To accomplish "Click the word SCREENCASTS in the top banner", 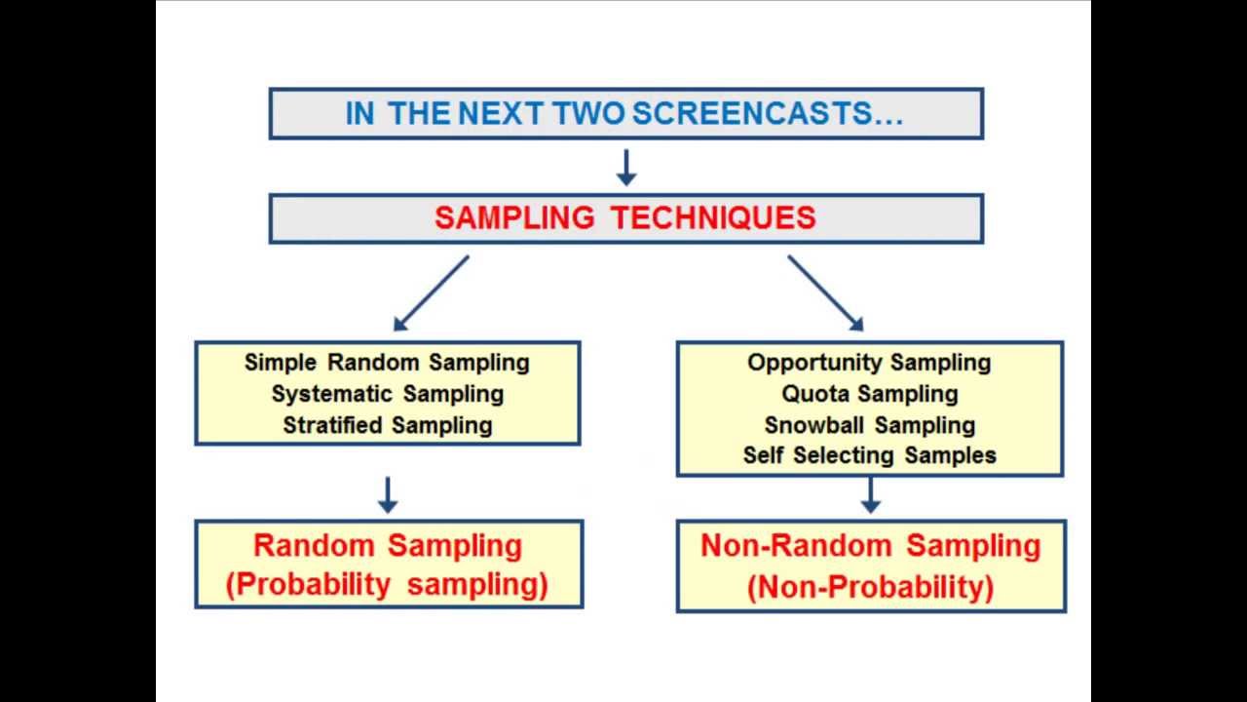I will point(768,114).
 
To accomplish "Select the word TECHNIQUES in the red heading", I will point(713,217).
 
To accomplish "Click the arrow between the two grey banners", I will point(626,167).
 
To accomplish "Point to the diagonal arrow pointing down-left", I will point(431,293).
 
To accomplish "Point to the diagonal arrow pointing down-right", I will point(825,293).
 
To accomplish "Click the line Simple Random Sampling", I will point(387,363).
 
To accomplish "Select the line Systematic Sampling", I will point(387,394).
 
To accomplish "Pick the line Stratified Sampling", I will point(387,425).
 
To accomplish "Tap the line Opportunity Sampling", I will point(869,363).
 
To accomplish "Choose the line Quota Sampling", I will point(869,394).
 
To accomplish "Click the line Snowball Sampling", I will point(869,425).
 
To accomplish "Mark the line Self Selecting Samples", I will point(869,455).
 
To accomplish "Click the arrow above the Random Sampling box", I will point(388,494).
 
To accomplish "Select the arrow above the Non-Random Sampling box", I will point(870,494).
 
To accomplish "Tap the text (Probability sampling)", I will point(387,585).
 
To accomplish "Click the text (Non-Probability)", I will point(870,587).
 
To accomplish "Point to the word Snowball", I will point(814,425).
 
